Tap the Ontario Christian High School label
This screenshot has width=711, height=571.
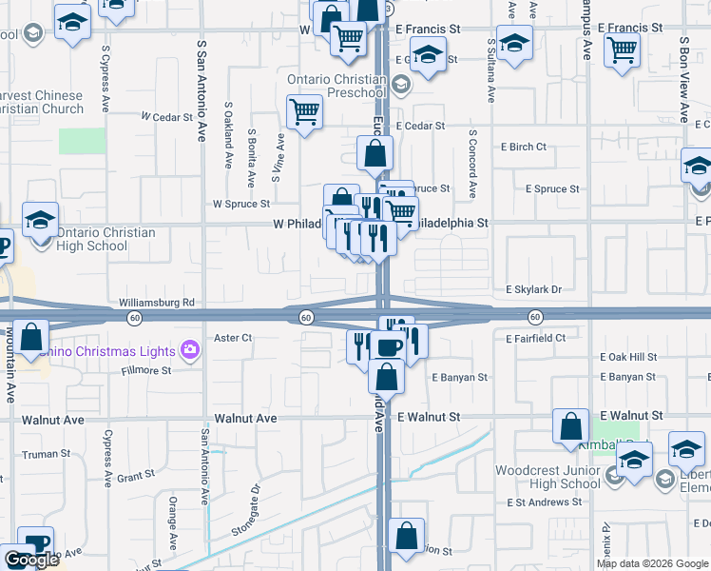click(92, 239)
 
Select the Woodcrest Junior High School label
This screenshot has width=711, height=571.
click(547, 477)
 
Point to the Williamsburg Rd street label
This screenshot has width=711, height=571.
click(156, 303)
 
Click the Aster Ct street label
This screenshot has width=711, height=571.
click(233, 338)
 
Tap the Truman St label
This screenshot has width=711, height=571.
click(40, 455)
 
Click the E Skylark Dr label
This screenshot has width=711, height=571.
click(533, 288)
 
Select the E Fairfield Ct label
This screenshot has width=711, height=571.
click(535, 338)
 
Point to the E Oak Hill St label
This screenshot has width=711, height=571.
click(628, 357)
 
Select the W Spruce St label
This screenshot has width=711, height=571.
click(241, 204)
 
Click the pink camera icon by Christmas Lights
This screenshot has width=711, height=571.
click(191, 349)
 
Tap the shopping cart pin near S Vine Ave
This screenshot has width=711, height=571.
click(304, 110)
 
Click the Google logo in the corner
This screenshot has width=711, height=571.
click(32, 560)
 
